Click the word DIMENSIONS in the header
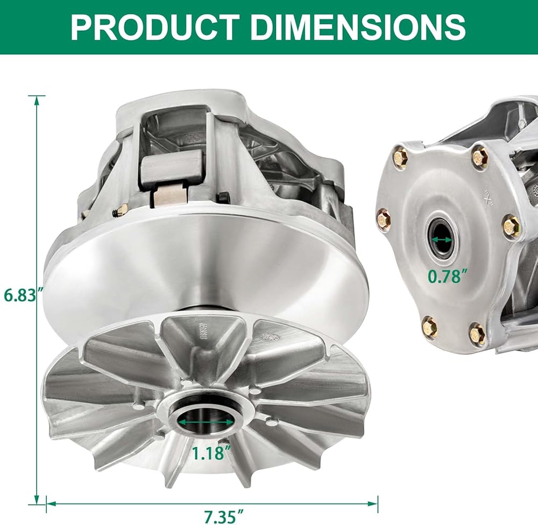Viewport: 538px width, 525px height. click(358, 27)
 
